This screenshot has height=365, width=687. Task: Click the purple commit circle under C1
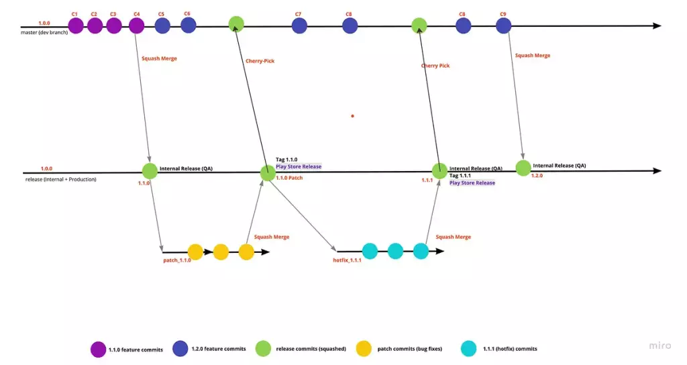tap(76, 25)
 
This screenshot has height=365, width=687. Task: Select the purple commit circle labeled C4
tap(137, 25)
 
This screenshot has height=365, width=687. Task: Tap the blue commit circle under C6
tap(188, 25)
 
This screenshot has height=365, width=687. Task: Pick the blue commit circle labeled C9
tap(504, 25)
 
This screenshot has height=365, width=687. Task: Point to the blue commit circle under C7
tap(299, 25)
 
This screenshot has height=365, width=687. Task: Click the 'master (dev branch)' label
tap(44, 32)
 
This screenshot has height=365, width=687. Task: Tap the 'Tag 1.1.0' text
tap(286, 160)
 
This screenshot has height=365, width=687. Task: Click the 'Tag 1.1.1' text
tap(460, 175)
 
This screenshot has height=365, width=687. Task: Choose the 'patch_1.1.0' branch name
tap(177, 260)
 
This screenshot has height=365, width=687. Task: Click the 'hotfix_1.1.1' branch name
tap(348, 260)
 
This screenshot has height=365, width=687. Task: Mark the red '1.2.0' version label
tap(537, 175)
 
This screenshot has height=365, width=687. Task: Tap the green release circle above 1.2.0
tap(523, 167)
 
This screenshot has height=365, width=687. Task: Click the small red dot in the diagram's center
tap(352, 116)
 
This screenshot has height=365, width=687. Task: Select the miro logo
tap(659, 346)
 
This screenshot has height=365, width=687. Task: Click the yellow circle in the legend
tap(364, 349)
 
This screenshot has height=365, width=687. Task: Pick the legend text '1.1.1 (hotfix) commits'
tap(510, 349)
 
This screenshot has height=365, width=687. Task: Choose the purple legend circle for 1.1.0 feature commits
tap(98, 350)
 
